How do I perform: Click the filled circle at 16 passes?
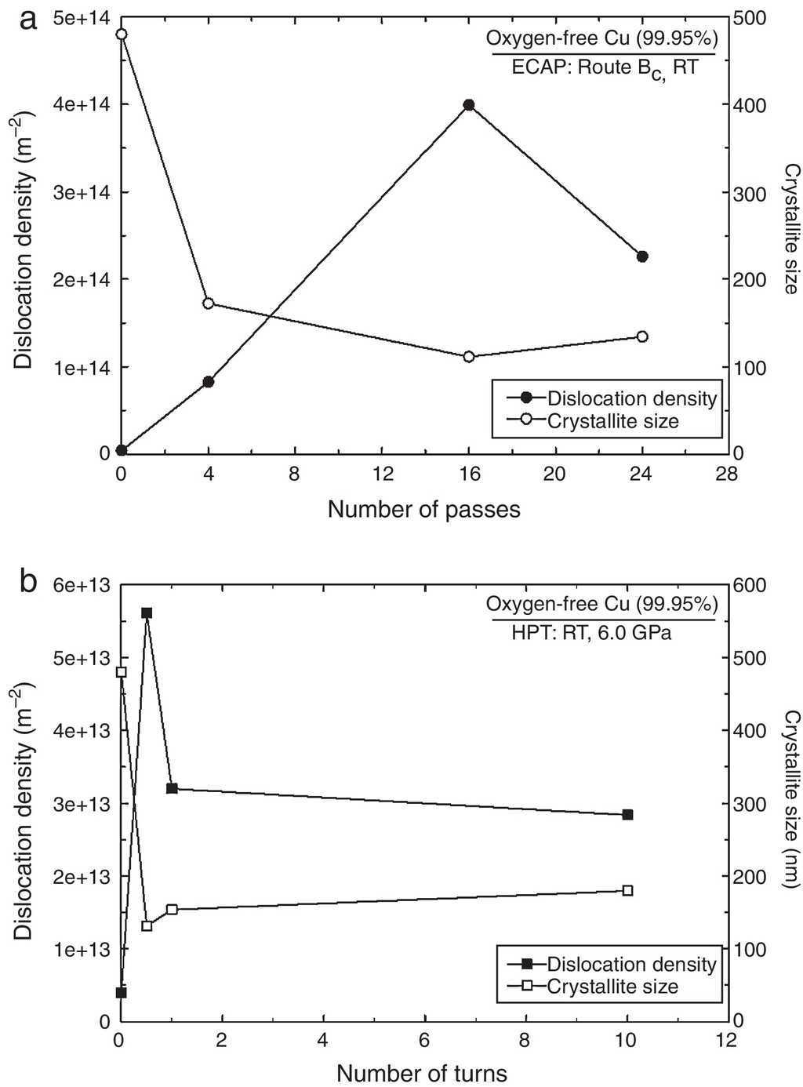pos(469,104)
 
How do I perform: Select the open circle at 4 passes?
pos(209,304)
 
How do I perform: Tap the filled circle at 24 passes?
pos(642,256)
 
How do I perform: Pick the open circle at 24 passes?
pos(642,336)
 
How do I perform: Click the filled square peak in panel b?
pos(147,613)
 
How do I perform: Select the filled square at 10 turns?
pos(627,815)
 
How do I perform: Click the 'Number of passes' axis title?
pos(423,510)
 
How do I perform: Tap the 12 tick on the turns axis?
pos(729,1040)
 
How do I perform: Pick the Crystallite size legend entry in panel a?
pos(612,421)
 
